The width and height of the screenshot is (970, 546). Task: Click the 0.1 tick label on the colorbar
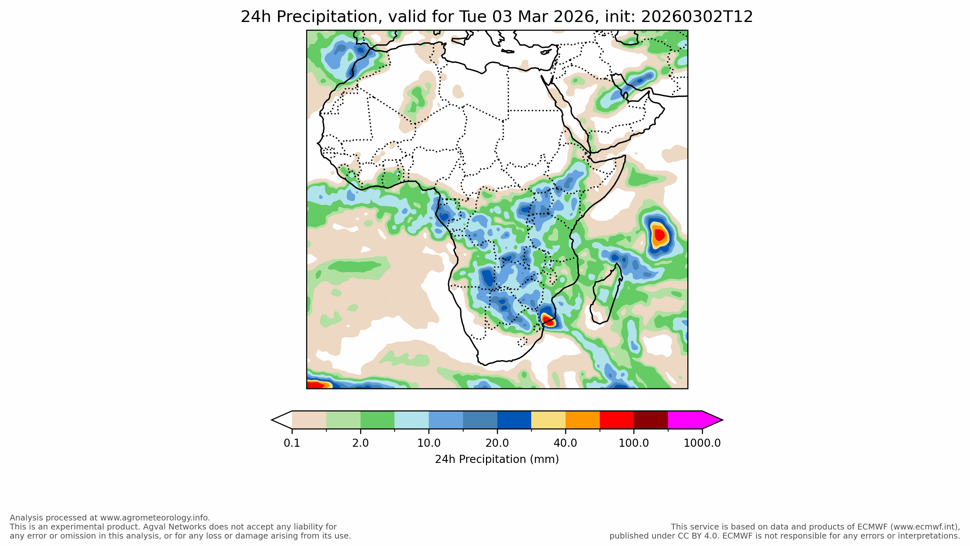click(x=292, y=443)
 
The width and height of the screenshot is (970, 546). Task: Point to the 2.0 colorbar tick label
click(x=361, y=443)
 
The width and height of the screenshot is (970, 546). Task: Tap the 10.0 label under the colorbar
click(x=428, y=443)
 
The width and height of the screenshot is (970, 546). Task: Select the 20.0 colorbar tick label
click(x=497, y=443)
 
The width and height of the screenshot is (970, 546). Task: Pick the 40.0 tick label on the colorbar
click(x=565, y=443)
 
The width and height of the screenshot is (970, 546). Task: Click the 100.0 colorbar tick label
click(x=634, y=443)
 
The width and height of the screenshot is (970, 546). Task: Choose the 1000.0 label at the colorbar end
click(x=702, y=443)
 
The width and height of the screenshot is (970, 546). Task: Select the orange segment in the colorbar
click(x=583, y=420)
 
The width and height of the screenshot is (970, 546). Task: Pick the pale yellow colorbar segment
click(x=548, y=420)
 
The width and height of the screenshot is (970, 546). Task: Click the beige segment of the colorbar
click(x=309, y=420)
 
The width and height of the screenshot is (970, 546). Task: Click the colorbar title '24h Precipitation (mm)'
click(x=497, y=459)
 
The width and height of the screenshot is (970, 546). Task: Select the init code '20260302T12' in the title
click(x=697, y=17)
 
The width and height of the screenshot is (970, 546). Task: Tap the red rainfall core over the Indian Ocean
click(x=660, y=235)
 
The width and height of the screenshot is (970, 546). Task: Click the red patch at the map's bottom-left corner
click(x=314, y=385)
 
